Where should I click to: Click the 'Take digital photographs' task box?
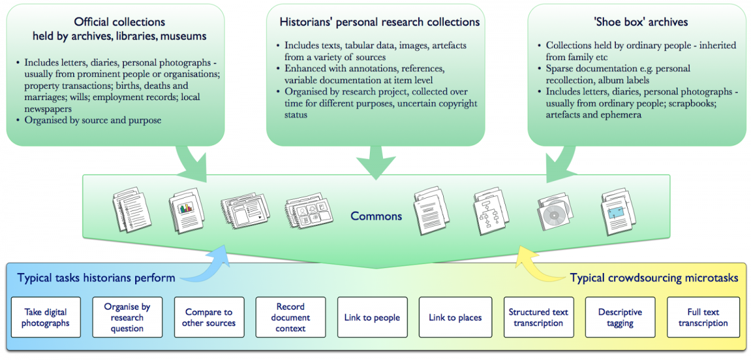point(46,317)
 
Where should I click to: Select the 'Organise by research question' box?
point(127,317)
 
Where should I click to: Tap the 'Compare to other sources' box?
point(208,317)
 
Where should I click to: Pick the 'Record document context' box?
point(290,317)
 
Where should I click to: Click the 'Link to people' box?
point(372,317)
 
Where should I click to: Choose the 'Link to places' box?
point(455,317)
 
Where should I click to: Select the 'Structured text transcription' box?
point(538,317)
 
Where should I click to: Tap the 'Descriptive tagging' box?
point(620,317)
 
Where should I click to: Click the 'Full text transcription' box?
point(703,317)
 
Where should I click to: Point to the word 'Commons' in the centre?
point(375,216)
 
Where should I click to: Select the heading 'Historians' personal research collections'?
point(380,22)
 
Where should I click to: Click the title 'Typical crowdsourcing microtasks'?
point(654,278)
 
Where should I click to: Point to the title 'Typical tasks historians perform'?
point(96,278)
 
